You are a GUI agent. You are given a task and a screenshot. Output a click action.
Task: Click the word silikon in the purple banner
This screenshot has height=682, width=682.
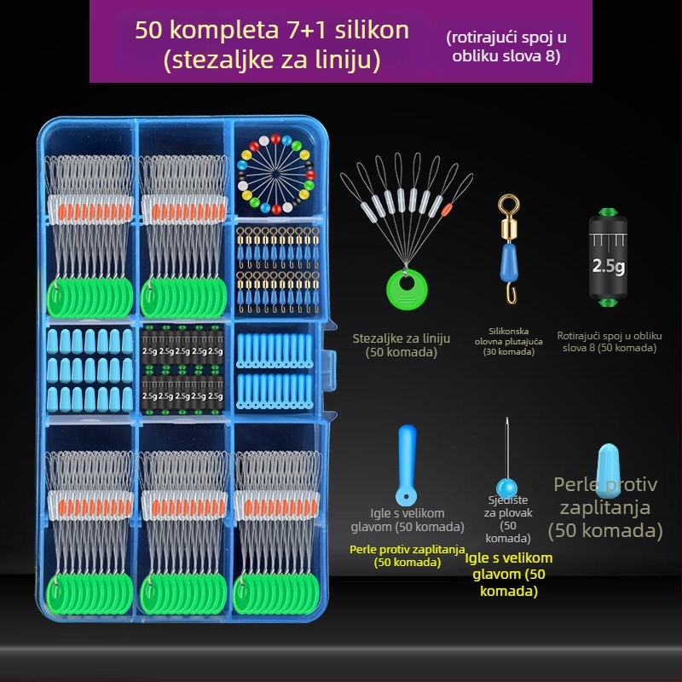tap(372, 31)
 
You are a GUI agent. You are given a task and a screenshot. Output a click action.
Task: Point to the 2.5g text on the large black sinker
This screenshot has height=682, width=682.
tap(609, 266)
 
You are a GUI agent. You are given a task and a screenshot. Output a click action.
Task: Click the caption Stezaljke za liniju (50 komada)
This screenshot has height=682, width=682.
tap(401, 345)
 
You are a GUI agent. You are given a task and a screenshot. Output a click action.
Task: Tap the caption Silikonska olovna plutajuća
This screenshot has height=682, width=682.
tap(508, 336)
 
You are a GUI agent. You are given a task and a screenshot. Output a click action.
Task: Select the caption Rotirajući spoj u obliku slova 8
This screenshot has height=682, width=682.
tap(610, 342)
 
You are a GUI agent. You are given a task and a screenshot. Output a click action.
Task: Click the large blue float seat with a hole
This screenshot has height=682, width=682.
tap(407, 465)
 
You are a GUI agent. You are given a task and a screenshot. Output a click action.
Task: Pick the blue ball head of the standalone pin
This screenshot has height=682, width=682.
tap(506, 488)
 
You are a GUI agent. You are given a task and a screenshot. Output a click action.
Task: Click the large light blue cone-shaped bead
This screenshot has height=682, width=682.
tap(608, 471)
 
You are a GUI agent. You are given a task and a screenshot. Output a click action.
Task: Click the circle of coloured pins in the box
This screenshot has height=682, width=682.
tap(276, 174)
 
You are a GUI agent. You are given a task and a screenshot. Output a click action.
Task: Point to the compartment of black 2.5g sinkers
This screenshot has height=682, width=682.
tap(182, 368)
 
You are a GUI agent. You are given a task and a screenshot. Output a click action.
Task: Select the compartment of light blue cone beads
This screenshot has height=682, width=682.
tap(90, 369)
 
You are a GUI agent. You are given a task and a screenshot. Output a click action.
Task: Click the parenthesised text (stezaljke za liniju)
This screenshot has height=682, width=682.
tap(272, 60)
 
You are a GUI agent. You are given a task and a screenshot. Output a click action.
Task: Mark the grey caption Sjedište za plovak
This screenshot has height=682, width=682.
tap(508, 506)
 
